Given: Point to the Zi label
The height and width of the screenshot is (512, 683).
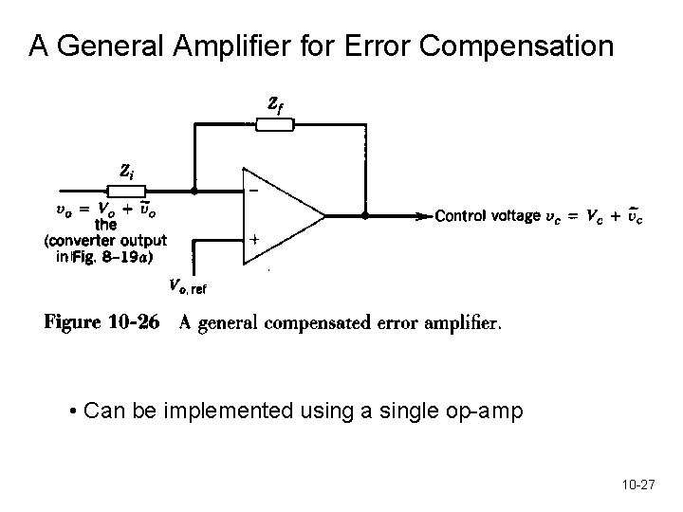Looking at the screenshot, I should point(125,170).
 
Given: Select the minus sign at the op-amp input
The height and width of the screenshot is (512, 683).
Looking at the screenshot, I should point(253,191).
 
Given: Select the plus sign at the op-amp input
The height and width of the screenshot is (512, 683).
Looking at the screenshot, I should point(253,240).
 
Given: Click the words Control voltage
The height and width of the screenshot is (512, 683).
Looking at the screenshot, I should point(486,216).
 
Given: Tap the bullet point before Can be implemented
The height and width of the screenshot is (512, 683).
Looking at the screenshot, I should point(74,411).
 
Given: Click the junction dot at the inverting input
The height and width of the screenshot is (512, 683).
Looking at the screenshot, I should point(194,190).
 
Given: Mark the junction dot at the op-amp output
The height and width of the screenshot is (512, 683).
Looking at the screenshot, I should point(367,215).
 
